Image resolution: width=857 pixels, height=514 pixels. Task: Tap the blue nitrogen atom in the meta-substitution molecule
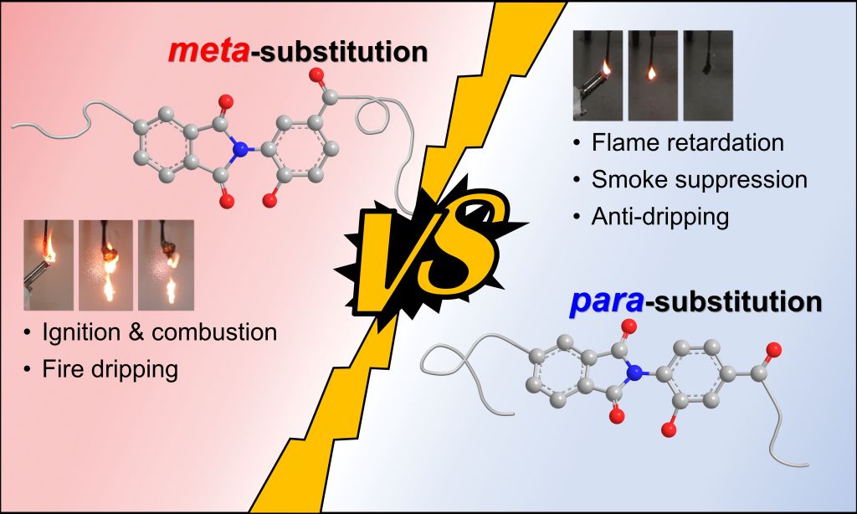242,151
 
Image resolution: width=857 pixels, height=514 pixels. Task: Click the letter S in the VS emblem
470,244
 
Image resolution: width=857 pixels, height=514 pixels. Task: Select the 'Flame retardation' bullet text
687,142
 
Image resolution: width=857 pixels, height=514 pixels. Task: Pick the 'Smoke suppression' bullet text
699,179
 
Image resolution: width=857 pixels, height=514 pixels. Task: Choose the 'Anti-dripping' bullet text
660,216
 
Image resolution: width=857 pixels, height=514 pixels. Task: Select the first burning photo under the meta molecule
49,265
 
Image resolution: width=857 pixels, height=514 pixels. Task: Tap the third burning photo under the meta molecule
166,265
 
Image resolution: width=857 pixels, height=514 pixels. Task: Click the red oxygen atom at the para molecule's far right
773,348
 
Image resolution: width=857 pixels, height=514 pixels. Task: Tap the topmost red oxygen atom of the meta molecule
316,76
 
